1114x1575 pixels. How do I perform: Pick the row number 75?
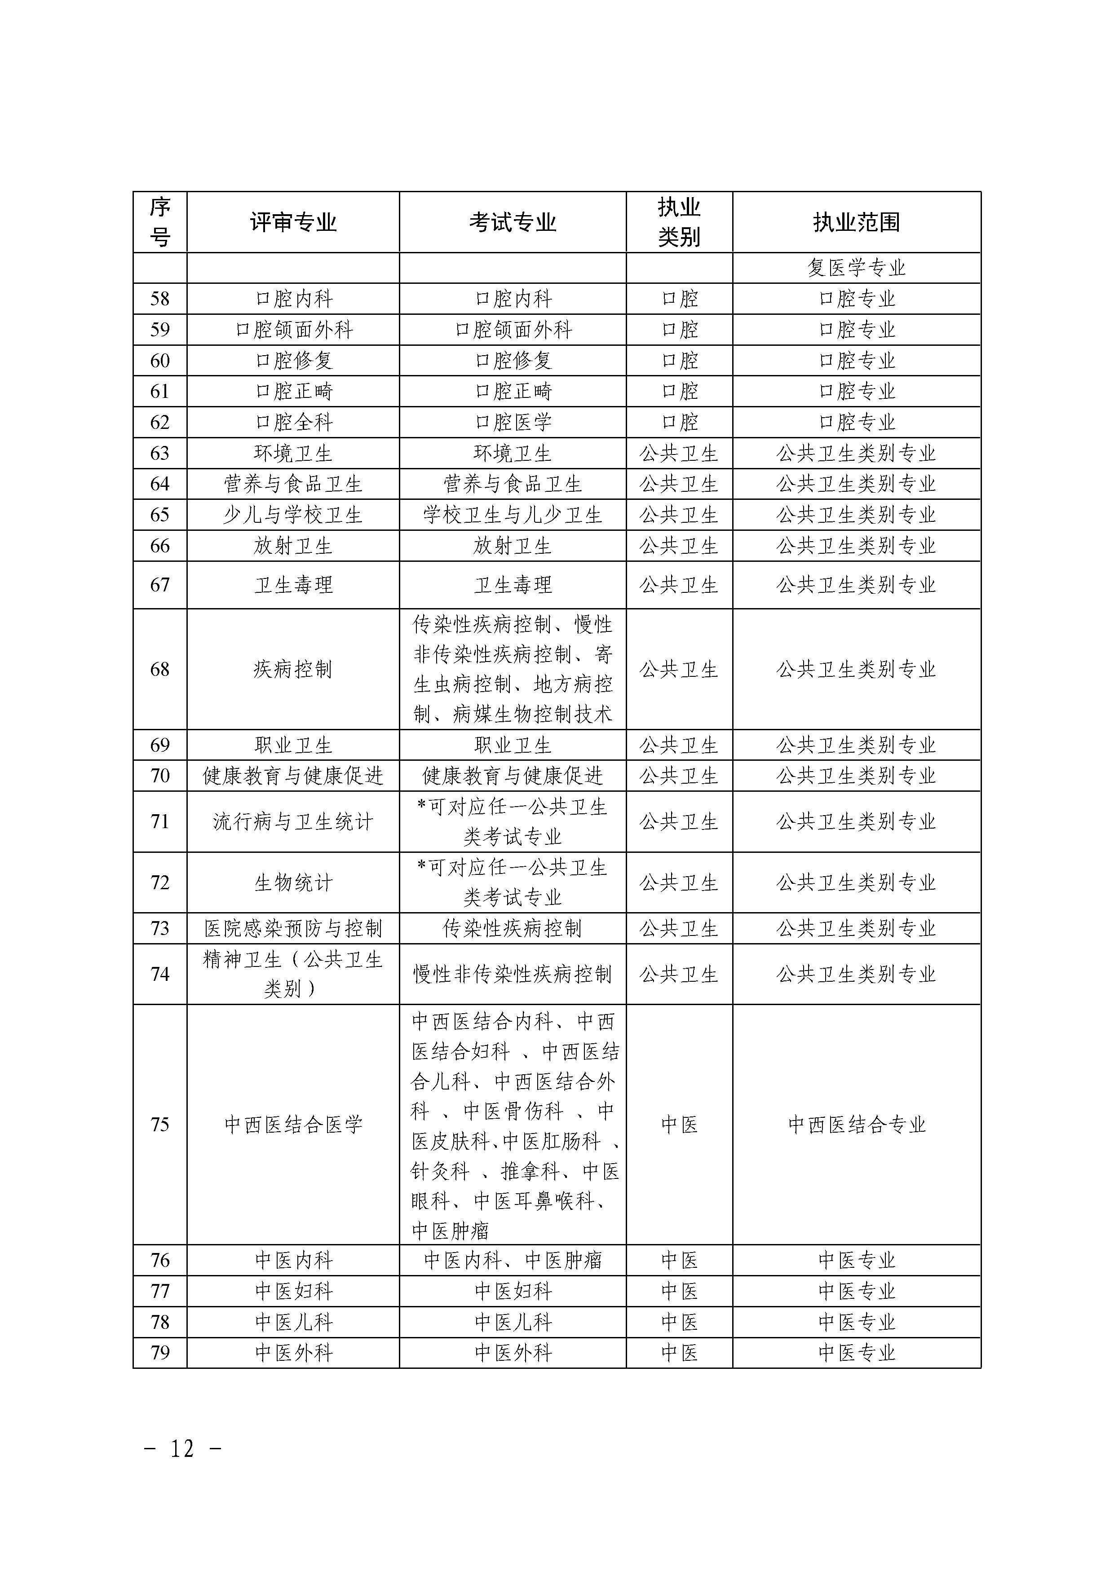(160, 1124)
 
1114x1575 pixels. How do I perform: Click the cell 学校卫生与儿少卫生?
(513, 515)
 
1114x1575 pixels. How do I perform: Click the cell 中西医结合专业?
(856, 1124)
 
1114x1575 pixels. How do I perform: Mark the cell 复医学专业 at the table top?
(856, 268)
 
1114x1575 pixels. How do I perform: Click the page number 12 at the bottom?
(182, 1449)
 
